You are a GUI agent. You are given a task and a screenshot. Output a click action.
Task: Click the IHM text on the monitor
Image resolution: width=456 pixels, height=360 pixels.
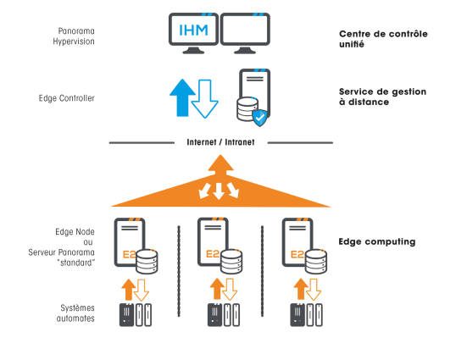point(193,30)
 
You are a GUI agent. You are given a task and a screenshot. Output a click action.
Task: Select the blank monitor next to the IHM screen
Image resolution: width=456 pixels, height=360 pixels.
point(245,33)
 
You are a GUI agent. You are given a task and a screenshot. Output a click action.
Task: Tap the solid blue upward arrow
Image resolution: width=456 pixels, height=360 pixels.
point(182,97)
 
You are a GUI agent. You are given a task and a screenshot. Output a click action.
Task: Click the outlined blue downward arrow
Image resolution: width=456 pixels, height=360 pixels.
point(205,99)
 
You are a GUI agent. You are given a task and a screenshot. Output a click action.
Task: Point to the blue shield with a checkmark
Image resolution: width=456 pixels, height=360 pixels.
point(259,118)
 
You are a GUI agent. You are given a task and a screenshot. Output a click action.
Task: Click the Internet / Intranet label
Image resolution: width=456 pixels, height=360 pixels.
point(220,142)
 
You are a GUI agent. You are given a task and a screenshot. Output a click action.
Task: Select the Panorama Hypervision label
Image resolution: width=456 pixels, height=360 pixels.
point(74,36)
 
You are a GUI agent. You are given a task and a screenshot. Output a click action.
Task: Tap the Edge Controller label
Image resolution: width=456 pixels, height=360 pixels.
point(67,98)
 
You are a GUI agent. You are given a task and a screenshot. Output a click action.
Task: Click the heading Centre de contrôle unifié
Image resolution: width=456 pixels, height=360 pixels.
point(383,39)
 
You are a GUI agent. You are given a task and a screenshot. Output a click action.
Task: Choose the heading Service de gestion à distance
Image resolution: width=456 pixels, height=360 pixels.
point(382,97)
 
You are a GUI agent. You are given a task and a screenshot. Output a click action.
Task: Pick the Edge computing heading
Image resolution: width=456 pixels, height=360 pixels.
point(377,241)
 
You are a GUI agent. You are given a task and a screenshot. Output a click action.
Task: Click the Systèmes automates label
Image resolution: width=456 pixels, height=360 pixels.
point(75,313)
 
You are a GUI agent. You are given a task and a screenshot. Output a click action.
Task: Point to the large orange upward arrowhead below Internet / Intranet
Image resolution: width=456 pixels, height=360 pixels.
point(220,163)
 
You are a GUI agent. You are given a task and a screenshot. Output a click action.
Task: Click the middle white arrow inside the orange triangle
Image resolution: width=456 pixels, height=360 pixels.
point(219,191)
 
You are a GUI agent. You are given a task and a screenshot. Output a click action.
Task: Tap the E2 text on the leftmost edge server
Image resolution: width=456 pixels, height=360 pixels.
point(129,255)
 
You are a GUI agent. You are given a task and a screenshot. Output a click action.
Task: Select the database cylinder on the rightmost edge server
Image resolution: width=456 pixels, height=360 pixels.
point(316,261)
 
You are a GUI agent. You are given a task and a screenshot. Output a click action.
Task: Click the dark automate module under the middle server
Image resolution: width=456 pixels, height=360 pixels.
point(214,314)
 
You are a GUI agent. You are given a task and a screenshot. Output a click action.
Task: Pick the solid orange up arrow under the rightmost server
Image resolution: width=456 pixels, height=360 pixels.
point(301,289)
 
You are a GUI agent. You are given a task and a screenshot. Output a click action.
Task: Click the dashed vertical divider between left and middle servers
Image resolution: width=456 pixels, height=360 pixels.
point(179,271)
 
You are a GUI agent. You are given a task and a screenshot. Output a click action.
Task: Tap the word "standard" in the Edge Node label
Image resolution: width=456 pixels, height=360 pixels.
point(76,263)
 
